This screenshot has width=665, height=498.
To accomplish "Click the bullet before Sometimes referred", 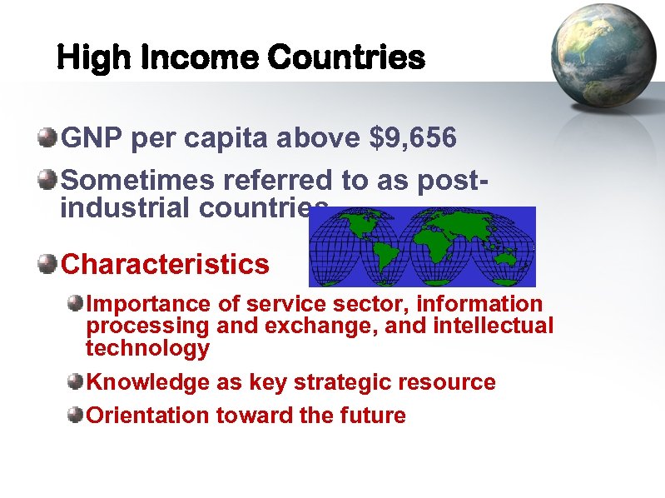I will pyautogui.click(x=49, y=178).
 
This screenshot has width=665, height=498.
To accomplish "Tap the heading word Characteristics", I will pyautogui.click(x=165, y=264).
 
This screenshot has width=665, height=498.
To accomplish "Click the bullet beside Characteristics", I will pyautogui.click(x=49, y=264).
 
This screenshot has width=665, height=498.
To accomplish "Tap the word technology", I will pyautogui.click(x=147, y=348).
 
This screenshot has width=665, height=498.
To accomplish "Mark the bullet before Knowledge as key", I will pyautogui.click(x=76, y=382).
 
